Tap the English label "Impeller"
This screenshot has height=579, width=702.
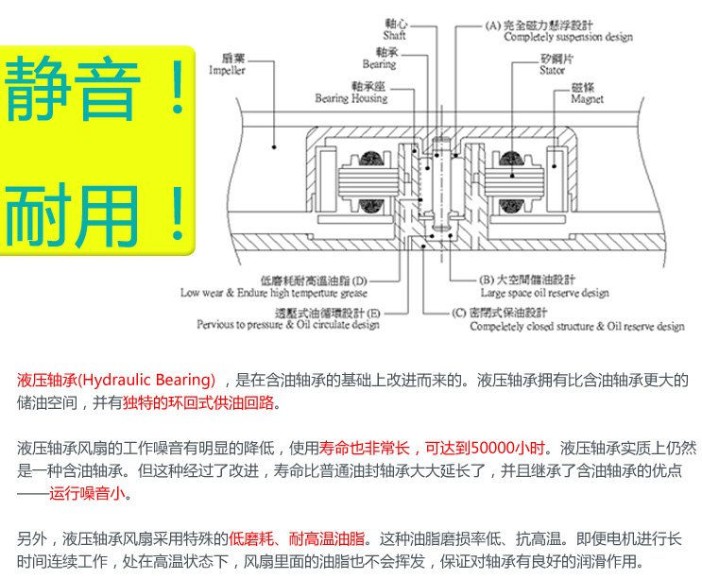[227, 71]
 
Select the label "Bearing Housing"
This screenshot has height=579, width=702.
[351, 98]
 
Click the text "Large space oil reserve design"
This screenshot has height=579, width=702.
[543, 293]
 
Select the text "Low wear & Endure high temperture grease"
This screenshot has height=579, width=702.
[274, 293]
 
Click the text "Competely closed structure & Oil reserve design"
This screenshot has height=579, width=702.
[577, 327]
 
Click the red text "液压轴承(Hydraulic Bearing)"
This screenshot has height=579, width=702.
[116, 381]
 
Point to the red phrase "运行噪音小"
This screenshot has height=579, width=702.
[91, 493]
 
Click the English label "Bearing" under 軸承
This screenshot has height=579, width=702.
[379, 65]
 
